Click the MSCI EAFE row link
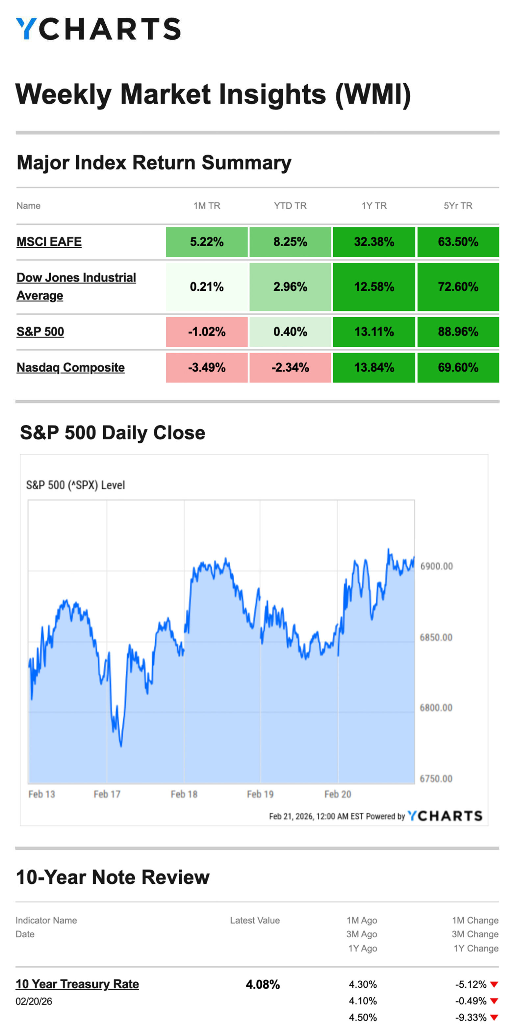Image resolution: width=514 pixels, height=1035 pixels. pos(49,242)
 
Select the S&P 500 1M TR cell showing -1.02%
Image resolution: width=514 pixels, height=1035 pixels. pos(207,332)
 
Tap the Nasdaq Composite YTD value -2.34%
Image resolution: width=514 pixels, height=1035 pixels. pos(290,368)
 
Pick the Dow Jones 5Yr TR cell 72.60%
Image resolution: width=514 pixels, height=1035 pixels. pos(458,287)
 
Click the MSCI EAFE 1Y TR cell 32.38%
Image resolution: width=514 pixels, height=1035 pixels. pos(374,242)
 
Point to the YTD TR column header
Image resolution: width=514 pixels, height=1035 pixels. pos(290,206)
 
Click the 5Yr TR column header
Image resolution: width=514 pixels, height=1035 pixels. pos(458,206)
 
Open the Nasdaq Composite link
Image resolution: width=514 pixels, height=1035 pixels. pos(70,368)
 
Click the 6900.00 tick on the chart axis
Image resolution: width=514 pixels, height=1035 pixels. pos(436,567)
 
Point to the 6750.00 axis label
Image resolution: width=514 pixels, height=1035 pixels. pos(436,779)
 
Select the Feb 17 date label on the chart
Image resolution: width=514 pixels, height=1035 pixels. pos(107,794)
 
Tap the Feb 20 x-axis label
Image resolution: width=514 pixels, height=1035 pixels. pos(338,794)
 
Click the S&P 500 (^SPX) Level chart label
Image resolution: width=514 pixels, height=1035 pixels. pos(76,485)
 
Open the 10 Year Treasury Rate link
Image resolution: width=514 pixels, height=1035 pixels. pos(77,984)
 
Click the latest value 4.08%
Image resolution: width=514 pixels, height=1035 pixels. pos(263,985)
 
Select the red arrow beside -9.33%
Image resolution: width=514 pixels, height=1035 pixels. pos(494,1018)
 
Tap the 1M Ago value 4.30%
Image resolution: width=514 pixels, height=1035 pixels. pos(363,985)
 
